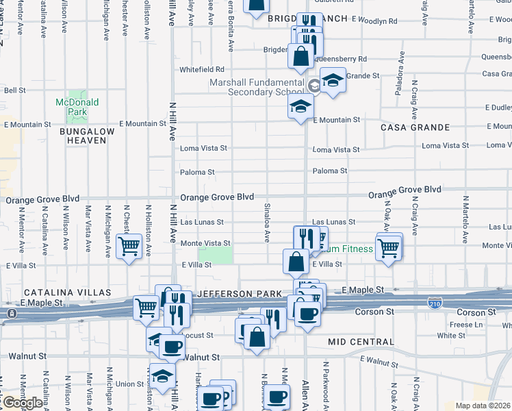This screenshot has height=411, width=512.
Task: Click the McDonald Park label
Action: [77, 106]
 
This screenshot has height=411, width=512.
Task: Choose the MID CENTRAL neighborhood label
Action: [361, 342]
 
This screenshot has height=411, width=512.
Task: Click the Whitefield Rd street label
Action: [202, 69]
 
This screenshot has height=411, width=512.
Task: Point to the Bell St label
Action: [15, 90]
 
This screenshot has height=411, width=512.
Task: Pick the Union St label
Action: [129, 384]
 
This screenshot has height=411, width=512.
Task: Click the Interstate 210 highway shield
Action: [434, 302]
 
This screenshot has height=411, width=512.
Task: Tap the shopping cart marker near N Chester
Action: [129, 247]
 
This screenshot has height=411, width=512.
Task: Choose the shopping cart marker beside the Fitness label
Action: [388, 248]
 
